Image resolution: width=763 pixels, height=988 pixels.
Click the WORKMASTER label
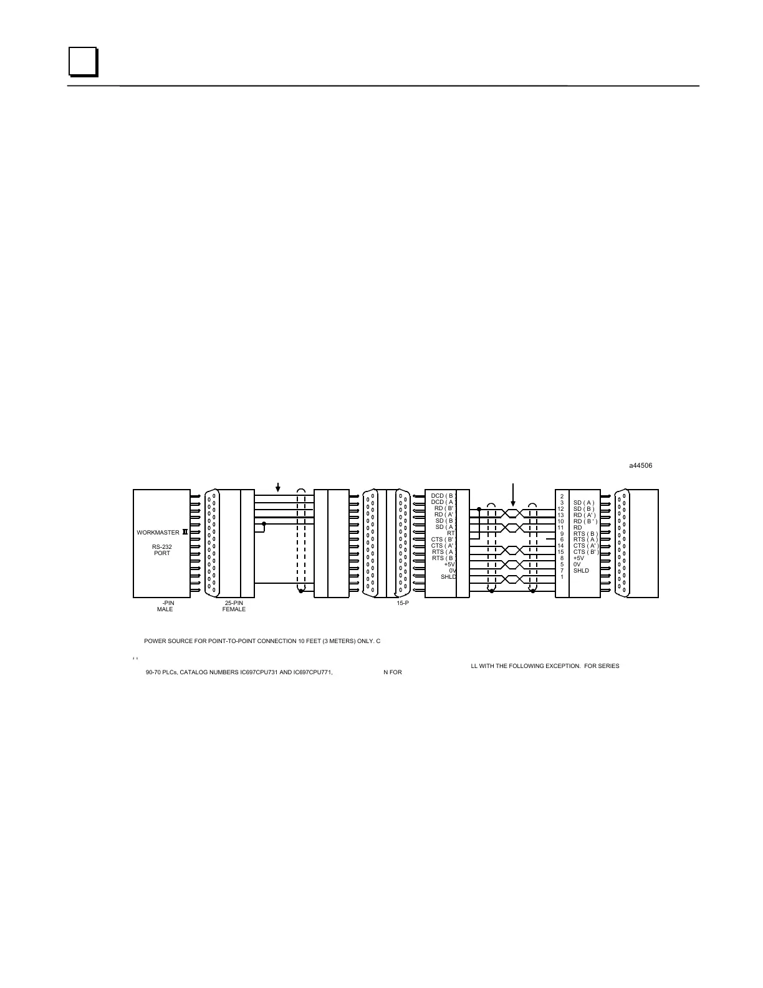pyautogui.click(x=158, y=533)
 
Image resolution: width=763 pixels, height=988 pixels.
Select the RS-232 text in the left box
pyautogui.click(x=162, y=547)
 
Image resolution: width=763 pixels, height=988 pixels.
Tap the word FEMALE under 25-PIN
pyautogui.click(x=234, y=609)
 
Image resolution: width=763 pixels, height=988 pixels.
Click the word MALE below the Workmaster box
pyautogui.click(x=165, y=609)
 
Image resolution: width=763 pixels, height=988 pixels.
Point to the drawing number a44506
pyautogui.click(x=640, y=465)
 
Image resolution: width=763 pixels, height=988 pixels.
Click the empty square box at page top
pyautogui.click(x=82, y=62)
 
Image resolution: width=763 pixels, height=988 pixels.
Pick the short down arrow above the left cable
pyautogui.click(x=278, y=487)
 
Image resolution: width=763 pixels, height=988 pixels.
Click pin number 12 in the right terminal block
pyautogui.click(x=561, y=509)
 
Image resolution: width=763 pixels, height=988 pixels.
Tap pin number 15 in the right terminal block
pyautogui.click(x=561, y=552)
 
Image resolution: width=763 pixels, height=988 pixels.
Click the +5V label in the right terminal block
pyautogui.click(x=578, y=558)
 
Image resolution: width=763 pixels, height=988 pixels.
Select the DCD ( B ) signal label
pyautogui.click(x=443, y=496)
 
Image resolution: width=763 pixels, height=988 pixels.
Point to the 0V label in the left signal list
pyautogui.click(x=452, y=571)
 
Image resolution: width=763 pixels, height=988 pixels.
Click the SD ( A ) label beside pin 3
pyautogui.click(x=584, y=503)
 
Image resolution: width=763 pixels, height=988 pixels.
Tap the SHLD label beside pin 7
pyautogui.click(x=581, y=571)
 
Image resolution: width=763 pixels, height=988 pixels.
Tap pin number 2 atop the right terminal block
pyautogui.click(x=562, y=496)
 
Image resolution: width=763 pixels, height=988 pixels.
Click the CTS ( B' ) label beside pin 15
pyautogui.click(x=585, y=552)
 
